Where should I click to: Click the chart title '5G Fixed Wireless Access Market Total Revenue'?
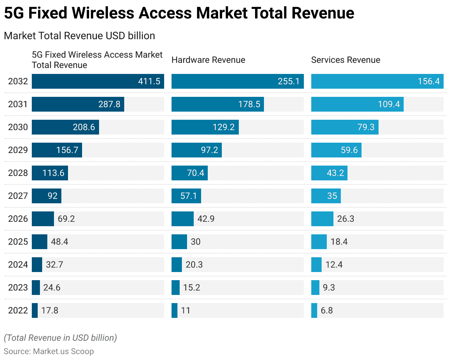click(179, 13)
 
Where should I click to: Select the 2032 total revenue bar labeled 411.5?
click(98, 81)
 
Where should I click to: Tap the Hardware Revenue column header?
click(208, 60)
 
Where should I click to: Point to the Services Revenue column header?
click(345, 60)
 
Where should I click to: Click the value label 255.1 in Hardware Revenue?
click(288, 81)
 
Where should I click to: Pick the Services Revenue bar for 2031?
click(357, 104)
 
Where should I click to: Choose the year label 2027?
click(18, 196)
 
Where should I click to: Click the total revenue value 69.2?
click(66, 219)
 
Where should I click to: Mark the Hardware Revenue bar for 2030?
click(205, 127)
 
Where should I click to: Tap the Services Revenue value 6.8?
click(326, 310)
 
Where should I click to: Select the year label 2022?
click(18, 310)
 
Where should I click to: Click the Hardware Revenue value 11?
click(186, 310)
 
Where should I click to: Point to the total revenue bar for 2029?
click(57, 150)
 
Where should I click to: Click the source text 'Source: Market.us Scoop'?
click(49, 351)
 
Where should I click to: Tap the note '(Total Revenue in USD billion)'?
click(60, 337)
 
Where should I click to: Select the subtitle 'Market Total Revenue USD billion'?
click(79, 35)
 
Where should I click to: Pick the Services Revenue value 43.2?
click(335, 173)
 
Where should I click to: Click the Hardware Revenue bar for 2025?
click(179, 242)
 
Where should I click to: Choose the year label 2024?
click(18, 265)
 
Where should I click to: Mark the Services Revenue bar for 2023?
click(315, 288)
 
